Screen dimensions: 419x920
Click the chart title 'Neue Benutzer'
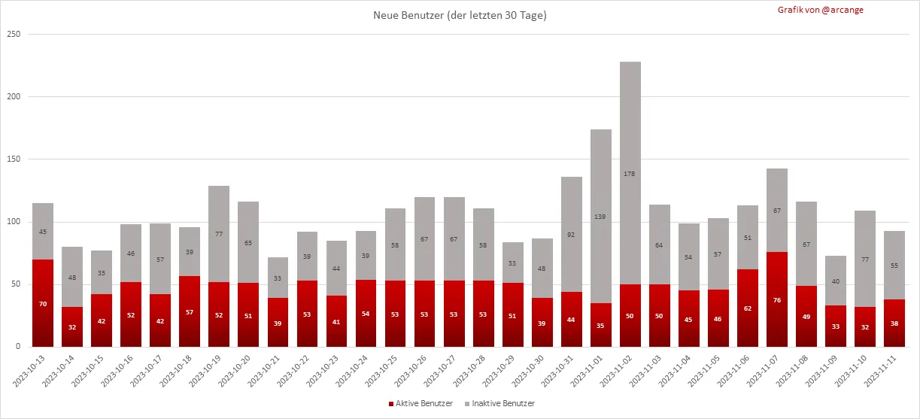[460, 15]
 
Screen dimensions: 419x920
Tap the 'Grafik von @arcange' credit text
[821, 10]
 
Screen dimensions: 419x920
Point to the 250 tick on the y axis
[13, 34]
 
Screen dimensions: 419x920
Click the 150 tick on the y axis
[13, 159]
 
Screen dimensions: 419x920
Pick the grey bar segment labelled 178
[630, 173]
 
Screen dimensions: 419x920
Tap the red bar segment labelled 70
[43, 303]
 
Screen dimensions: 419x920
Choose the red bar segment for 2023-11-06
[748, 308]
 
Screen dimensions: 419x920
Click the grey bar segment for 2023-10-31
[572, 234]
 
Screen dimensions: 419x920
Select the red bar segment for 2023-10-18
[190, 311]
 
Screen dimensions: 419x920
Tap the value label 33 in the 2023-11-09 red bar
[836, 326]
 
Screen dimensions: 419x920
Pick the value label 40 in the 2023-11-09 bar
[836, 281]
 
